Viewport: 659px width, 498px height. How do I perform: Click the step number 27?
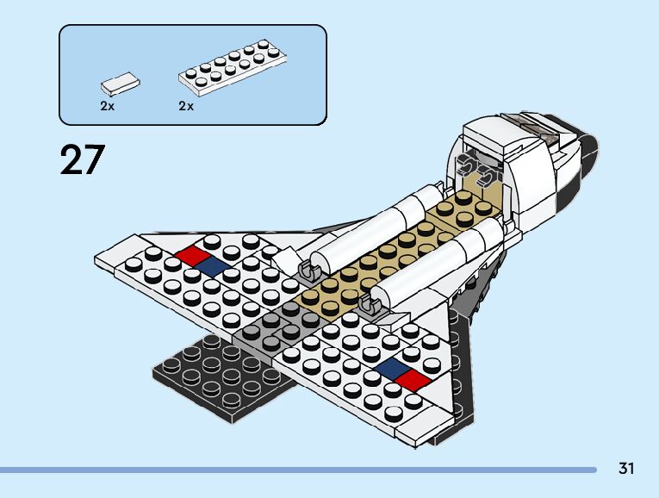point(83,160)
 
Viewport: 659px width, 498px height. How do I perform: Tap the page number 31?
point(625,470)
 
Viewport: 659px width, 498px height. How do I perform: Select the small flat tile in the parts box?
point(120,83)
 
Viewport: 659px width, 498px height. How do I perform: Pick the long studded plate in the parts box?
point(232,66)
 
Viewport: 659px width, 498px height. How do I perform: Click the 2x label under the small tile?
point(108,107)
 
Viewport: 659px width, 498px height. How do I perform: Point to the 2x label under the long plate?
point(186,107)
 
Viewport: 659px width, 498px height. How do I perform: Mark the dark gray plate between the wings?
point(276,328)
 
